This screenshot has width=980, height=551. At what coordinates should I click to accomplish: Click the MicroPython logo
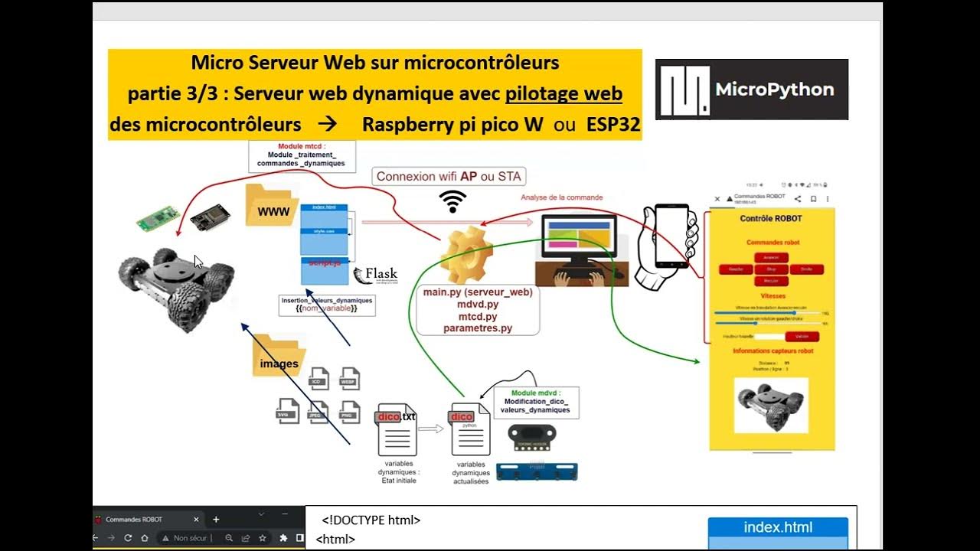pyautogui.click(x=751, y=90)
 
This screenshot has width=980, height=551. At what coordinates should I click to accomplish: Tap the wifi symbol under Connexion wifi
pyautogui.click(x=452, y=201)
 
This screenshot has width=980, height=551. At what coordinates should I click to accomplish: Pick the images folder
pyautogui.click(x=279, y=357)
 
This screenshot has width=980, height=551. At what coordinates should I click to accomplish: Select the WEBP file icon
pyautogui.click(x=348, y=379)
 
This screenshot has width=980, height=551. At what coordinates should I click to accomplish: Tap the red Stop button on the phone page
pyautogui.click(x=771, y=269)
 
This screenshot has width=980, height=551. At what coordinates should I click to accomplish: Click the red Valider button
pyautogui.click(x=802, y=336)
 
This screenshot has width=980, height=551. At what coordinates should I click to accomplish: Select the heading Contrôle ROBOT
pyautogui.click(x=771, y=219)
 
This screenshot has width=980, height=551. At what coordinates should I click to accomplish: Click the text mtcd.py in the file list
pyautogui.click(x=478, y=316)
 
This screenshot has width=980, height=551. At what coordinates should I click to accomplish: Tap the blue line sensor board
pyautogui.click(x=537, y=471)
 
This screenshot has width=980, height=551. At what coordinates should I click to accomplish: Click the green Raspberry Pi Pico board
pyautogui.click(x=158, y=219)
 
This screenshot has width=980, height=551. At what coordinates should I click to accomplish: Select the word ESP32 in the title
pyautogui.click(x=613, y=125)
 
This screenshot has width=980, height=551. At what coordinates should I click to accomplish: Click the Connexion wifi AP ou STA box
pyautogui.click(x=449, y=177)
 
